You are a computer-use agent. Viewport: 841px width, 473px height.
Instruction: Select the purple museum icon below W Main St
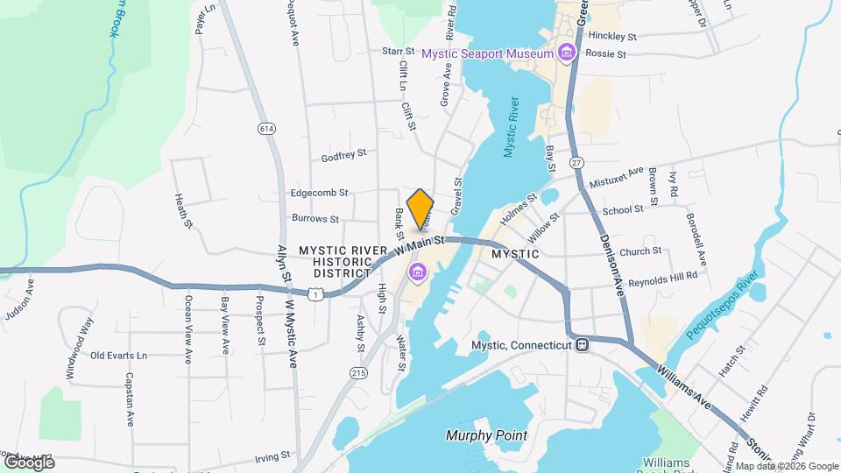[x=418, y=272]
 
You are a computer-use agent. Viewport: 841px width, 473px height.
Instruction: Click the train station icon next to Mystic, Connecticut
[x=581, y=345]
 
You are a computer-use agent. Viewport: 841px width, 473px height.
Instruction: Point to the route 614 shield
[x=266, y=129]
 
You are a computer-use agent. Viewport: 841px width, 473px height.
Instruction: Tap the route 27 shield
[x=576, y=163]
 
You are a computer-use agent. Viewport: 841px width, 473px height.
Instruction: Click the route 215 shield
[x=358, y=373]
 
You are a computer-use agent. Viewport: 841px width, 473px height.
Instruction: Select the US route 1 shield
[x=314, y=294]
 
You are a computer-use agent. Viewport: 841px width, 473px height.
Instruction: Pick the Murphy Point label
[x=486, y=435]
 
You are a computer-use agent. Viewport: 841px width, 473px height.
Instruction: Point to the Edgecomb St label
[x=320, y=193]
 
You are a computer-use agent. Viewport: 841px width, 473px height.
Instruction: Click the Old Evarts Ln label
[x=119, y=355]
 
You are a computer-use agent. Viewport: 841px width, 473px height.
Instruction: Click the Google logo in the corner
[x=29, y=462]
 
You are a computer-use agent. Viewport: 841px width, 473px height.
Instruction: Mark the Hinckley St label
[x=611, y=36]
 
